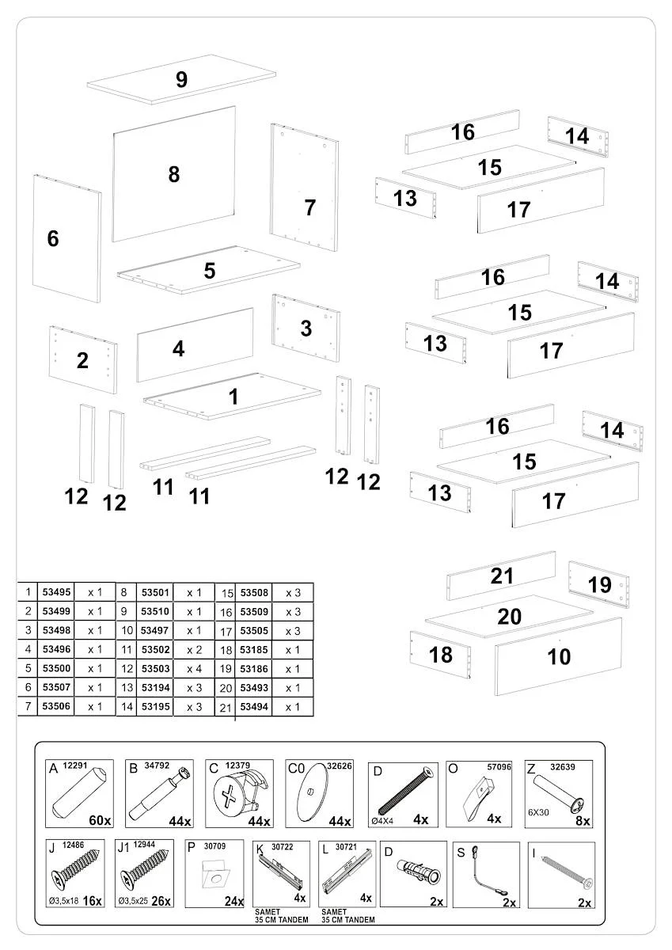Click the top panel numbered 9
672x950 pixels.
click(x=182, y=79)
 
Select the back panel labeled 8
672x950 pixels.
click(x=174, y=174)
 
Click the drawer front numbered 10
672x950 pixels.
click(x=559, y=656)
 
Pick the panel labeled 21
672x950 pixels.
click(x=502, y=576)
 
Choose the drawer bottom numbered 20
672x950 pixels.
click(x=510, y=617)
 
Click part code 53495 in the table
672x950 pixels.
click(x=57, y=592)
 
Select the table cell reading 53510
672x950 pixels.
click(x=155, y=611)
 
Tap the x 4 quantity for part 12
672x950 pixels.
click(x=194, y=669)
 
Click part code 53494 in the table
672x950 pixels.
click(x=254, y=707)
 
